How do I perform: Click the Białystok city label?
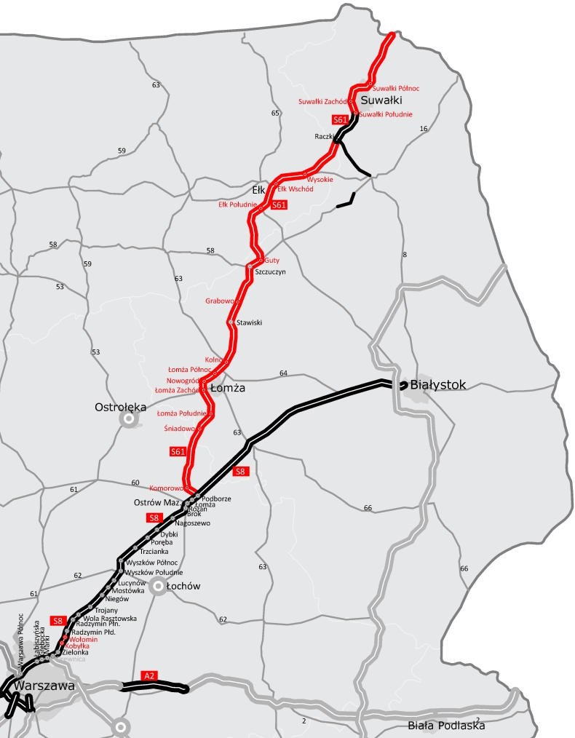(x=437, y=384)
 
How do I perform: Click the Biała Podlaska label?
(x=446, y=725)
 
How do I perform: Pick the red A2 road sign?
(x=149, y=676)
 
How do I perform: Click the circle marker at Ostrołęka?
(x=129, y=418)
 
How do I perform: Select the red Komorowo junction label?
(x=166, y=488)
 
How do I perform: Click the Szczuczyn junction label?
(x=271, y=271)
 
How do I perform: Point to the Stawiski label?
(x=249, y=322)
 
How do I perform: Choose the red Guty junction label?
(x=271, y=260)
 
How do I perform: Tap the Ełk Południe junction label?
(x=237, y=205)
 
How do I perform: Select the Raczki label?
(x=325, y=136)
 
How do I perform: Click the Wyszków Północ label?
(x=150, y=563)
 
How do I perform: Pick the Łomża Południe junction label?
(x=182, y=413)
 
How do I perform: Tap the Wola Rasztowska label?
(x=110, y=618)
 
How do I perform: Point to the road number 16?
(x=424, y=129)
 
